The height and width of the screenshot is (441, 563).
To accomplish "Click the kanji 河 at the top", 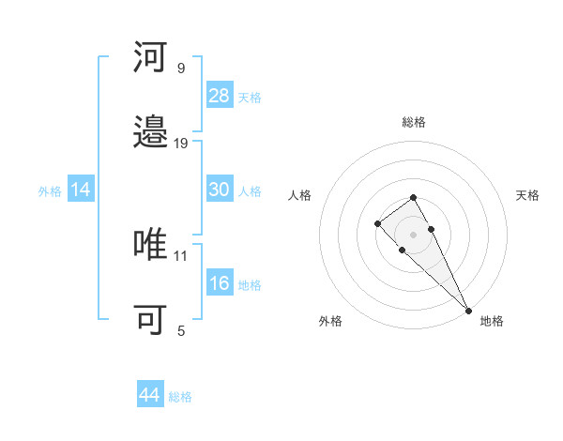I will point(151,59).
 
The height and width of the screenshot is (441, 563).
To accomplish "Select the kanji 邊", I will point(151,134).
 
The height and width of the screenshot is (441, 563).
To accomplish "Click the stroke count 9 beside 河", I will point(181,68).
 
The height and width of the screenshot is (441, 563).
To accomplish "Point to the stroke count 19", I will point(181,143).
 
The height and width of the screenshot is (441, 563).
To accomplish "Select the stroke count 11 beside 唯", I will point(181,255).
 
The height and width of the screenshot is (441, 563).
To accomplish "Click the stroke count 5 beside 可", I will point(181,330).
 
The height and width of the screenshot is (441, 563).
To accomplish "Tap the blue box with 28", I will point(220,95).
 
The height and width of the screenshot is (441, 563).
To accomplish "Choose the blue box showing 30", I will point(220,190).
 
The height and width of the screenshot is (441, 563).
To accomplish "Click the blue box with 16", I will point(220,283).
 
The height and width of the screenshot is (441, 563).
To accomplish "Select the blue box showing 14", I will point(81,190).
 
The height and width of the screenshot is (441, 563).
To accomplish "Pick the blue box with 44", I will point(150,395).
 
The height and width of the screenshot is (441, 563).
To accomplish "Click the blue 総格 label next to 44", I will point(180,397).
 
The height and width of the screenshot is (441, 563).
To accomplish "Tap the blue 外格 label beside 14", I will point(50,191).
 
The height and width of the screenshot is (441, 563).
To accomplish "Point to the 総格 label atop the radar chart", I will point(414,122).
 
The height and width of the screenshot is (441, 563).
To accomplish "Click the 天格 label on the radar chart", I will point(527,195).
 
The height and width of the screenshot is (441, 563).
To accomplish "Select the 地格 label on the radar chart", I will point(492,321).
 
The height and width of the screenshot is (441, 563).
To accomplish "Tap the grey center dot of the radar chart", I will point(413,234).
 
